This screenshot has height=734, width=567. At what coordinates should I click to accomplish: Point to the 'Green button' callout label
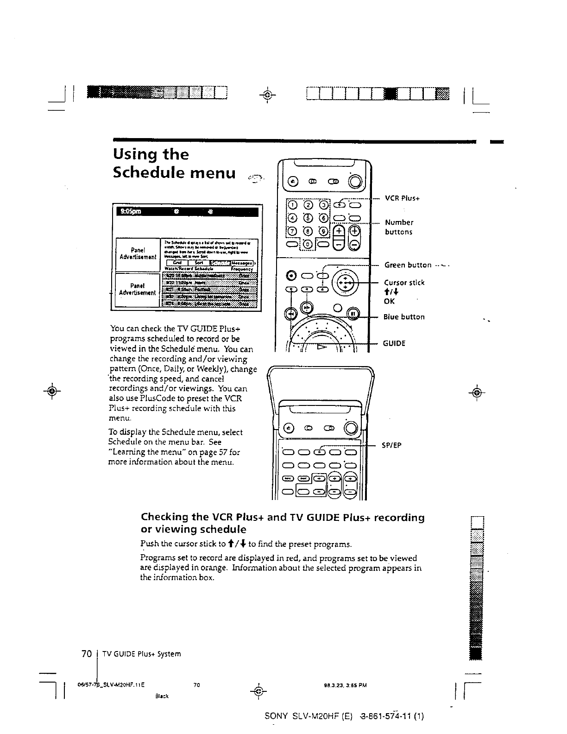click(408, 265)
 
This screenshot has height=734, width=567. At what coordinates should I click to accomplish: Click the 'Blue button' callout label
click(404, 317)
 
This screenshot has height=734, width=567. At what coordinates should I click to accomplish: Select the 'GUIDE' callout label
click(395, 343)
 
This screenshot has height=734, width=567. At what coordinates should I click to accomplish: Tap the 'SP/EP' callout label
click(391, 446)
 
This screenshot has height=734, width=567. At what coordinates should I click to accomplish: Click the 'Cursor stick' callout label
click(404, 283)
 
